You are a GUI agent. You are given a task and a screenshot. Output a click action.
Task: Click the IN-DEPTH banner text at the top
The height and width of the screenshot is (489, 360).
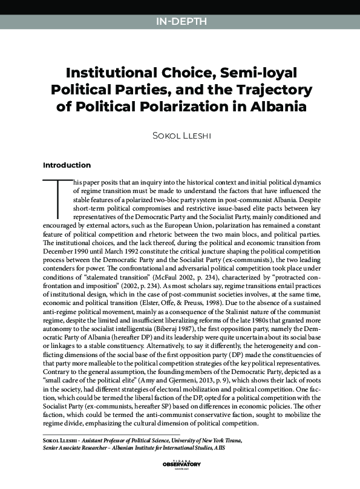pos(181,22)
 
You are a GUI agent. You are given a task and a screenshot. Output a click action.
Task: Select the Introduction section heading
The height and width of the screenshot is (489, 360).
pos(67,165)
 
